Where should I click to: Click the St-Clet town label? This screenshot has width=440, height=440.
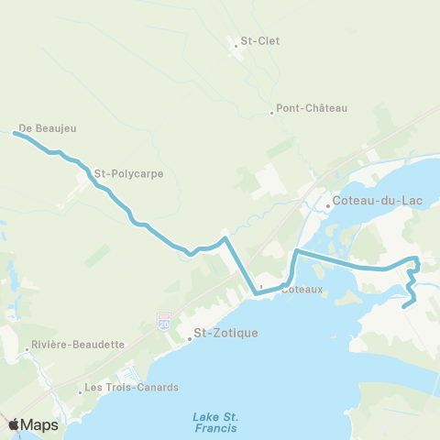click(x=260, y=41)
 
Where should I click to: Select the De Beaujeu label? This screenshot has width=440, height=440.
click(x=48, y=129)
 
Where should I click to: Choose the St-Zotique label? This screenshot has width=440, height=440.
click(x=225, y=333)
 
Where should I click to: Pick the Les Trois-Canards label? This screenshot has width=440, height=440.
click(x=122, y=388)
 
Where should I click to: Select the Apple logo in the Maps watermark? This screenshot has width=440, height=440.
click(x=14, y=424)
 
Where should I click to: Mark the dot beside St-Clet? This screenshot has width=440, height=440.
click(x=235, y=41)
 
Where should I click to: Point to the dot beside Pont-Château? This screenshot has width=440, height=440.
click(x=271, y=113)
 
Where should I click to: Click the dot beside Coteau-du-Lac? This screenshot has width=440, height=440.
click(x=327, y=205)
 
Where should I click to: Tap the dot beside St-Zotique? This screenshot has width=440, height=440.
click(x=189, y=338)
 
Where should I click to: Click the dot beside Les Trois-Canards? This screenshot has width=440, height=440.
click(x=80, y=391)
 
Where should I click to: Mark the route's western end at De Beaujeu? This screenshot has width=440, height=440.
click(x=15, y=134)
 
